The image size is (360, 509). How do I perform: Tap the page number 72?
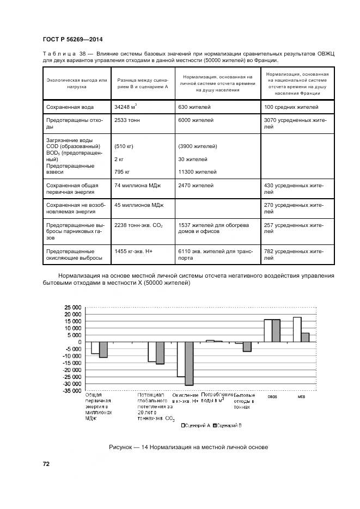46,464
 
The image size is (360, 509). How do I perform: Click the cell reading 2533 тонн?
128,120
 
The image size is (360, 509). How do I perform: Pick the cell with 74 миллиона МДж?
136,186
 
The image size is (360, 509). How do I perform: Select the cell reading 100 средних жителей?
291,107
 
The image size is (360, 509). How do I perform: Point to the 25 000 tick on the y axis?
73,307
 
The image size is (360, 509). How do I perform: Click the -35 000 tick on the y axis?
72,391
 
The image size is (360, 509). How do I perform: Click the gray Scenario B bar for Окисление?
189,364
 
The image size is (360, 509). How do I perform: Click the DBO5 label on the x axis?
272,396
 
